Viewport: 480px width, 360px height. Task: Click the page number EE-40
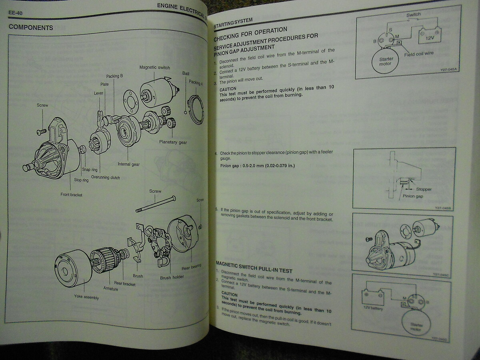point(15,13)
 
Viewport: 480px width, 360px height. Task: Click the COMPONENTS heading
point(31,28)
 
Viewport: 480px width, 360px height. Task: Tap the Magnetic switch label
point(154,68)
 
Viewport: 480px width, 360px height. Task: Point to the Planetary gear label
point(173,142)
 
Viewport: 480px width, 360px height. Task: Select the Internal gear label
point(128,164)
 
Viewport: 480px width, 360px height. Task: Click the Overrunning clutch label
point(105,178)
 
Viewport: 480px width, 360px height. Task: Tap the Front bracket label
point(71,195)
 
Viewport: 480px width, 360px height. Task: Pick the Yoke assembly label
point(86,297)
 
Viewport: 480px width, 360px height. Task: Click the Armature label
point(110,288)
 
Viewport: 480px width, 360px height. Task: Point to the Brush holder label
point(172,277)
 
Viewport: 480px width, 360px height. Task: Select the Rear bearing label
point(191,266)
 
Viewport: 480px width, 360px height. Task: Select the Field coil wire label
point(418,53)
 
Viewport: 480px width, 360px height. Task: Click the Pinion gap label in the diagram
point(413,196)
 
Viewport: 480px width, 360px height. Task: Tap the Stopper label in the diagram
point(424,189)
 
